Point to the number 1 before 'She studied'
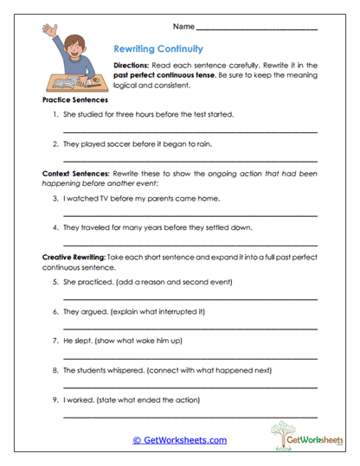(x=55, y=114)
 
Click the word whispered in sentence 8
(x=127, y=369)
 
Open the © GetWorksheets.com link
(x=179, y=440)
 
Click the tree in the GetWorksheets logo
(x=284, y=430)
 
